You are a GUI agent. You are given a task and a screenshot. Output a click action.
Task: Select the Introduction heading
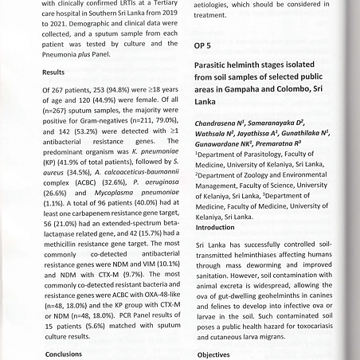point(217,227)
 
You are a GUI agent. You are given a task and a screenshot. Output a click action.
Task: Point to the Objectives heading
point(214,354)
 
